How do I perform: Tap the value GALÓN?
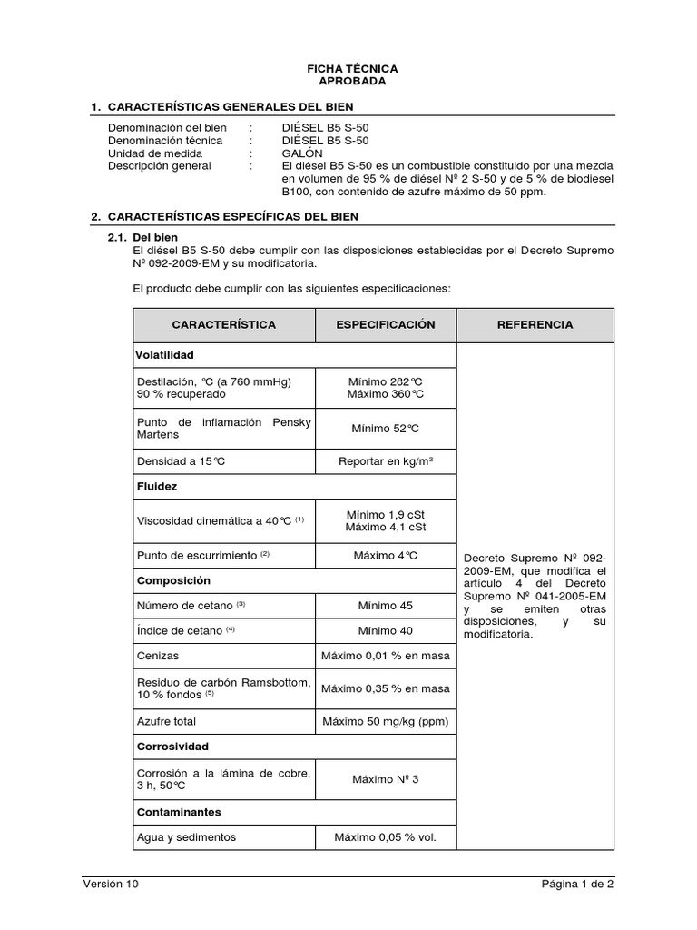(302, 153)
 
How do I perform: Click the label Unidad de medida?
(152, 153)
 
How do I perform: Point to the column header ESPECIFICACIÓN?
(386, 324)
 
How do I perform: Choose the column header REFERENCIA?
(535, 324)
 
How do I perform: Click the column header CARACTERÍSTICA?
(224, 324)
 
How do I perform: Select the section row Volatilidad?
(165, 355)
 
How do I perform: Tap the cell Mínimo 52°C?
(386, 429)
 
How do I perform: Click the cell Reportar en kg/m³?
(386, 461)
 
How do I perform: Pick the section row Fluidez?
(156, 486)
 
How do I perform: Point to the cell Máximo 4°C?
(386, 555)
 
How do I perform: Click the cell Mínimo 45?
(386, 605)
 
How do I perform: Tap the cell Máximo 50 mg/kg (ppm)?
(386, 721)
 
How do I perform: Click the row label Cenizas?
(157, 656)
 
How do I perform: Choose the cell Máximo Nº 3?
(386, 779)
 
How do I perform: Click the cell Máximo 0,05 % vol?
(386, 836)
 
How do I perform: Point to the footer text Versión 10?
(111, 884)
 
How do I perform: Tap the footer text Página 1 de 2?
(577, 884)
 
